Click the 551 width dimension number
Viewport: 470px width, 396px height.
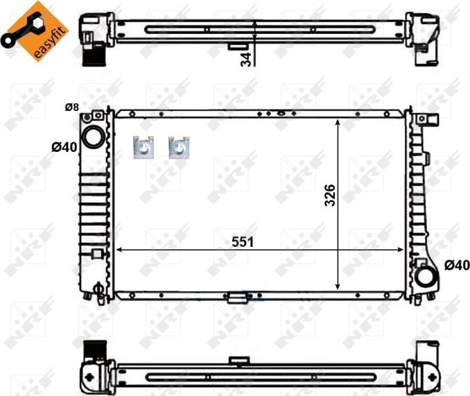243,242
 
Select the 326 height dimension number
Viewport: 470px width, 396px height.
330,195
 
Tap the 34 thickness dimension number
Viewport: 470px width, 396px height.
246,60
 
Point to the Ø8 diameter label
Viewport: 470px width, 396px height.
72,107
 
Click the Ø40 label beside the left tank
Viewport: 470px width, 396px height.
64,147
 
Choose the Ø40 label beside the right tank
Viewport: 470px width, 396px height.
457,265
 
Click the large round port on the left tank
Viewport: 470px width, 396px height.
93,137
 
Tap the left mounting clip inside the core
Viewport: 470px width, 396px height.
143,147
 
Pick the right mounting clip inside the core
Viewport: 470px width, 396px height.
179,147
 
